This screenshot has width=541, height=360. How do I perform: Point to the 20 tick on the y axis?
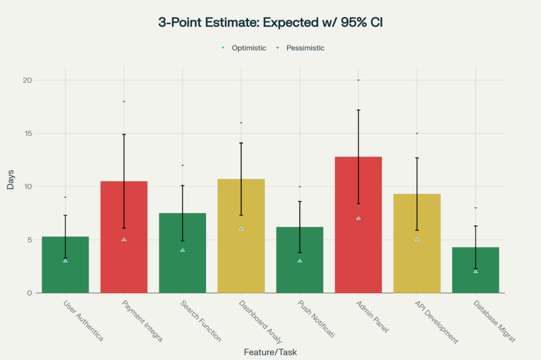pos(27,80)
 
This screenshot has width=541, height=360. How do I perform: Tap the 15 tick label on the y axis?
pos(27,134)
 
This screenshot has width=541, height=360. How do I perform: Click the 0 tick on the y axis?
pos(30,293)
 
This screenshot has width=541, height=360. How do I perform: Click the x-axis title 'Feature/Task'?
pos(270,352)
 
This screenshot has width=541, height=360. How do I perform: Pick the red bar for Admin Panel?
pos(358,243)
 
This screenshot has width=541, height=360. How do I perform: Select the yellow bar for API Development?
pos(417,259)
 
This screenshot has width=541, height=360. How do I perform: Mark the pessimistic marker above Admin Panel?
pos(358,80)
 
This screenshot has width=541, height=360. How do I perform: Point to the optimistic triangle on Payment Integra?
pos(124,240)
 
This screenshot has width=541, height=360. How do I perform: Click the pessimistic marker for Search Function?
pos(182,165)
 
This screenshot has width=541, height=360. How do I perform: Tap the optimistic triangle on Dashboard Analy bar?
pos(241,229)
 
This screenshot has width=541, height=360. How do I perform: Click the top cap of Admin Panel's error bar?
pos(358,110)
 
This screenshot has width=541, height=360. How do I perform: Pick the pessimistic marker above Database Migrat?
pos(475,208)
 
